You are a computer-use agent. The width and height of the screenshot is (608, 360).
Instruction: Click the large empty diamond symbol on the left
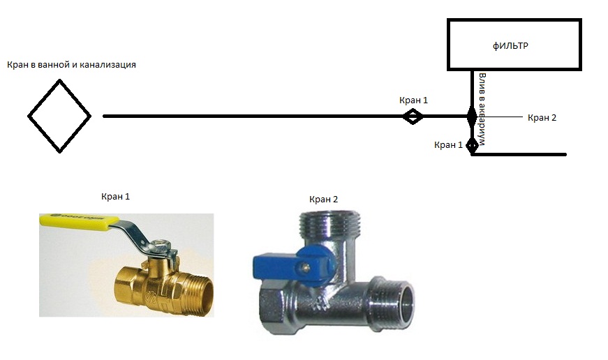pos(59,116)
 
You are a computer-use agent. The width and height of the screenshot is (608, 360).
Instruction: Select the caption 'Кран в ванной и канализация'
pos(71,65)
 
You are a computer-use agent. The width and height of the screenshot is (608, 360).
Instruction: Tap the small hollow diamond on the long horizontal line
pos(413,117)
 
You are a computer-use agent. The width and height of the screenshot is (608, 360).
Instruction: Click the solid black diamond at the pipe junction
pos(472,116)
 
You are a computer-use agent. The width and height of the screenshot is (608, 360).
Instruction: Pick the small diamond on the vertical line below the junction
pos(472,145)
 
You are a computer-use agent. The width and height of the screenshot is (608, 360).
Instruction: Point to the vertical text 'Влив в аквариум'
pos(482,108)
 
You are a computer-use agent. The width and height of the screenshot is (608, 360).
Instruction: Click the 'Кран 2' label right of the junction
pos(542,117)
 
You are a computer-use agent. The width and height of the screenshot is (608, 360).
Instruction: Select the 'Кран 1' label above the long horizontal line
pos(413,100)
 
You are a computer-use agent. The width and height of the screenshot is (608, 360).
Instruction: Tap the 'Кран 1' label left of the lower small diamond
pos(448,145)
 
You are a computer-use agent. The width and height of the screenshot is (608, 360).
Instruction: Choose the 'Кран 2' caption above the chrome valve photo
pos(323,200)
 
